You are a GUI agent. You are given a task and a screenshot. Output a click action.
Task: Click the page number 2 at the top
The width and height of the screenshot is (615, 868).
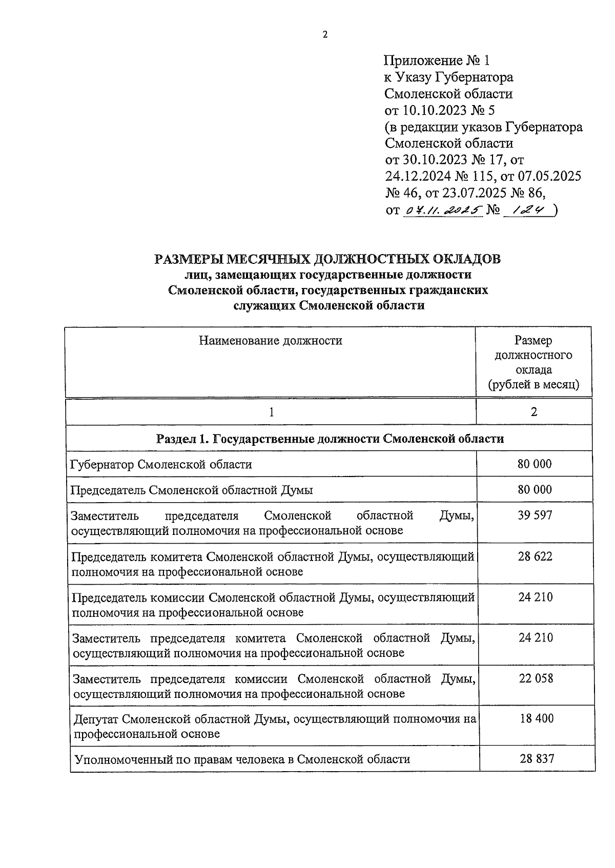coord(324,35)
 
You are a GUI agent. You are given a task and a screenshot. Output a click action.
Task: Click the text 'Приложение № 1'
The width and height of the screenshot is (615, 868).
coord(436,61)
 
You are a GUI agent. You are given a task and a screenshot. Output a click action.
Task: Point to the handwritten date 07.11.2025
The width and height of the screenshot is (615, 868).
coord(443,210)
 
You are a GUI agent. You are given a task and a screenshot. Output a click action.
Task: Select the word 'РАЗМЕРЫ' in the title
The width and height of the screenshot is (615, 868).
coord(190,259)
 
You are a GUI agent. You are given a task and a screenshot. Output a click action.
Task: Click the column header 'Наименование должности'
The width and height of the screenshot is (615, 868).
coord(270,340)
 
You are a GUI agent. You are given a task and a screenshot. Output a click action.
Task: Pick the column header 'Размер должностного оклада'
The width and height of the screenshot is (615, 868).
coord(533,355)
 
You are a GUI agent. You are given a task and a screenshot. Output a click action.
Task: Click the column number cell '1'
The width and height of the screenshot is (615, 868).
coord(271,412)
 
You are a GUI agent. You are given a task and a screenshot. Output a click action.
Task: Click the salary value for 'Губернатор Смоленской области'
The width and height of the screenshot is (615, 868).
coord(535,464)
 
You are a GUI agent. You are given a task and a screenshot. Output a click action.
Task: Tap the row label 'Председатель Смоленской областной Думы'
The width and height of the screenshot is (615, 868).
coord(191,490)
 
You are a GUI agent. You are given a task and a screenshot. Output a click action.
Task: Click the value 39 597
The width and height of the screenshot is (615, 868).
coord(535,515)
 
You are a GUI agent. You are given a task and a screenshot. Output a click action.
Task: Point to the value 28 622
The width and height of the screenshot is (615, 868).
coord(535,556)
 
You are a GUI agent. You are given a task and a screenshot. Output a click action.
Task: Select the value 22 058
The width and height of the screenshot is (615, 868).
coord(536,678)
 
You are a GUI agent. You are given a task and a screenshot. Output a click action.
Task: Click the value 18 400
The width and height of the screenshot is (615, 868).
coord(536,718)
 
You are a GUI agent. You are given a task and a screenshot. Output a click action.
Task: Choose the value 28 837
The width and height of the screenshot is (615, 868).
coord(537,759)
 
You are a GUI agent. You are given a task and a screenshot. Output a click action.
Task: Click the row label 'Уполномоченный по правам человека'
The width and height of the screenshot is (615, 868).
coord(242,759)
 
